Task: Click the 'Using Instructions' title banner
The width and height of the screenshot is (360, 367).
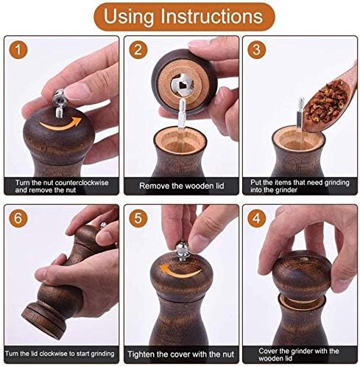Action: point(180,16)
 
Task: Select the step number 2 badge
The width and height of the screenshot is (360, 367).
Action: point(136,50)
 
